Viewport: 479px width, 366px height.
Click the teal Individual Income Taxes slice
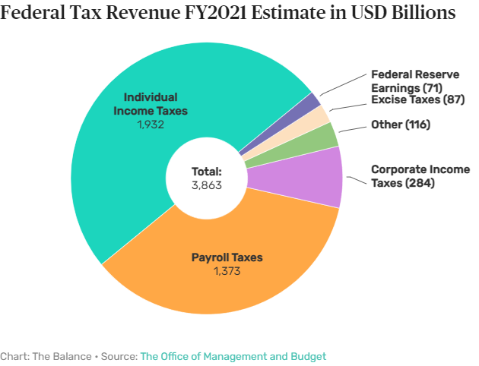pos(129,167)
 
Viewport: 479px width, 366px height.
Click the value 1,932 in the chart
pos(151,124)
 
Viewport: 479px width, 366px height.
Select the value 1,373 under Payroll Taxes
pos(227,271)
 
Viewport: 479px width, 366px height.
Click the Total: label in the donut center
pos(206,172)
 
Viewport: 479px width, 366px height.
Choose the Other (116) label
pos(400,124)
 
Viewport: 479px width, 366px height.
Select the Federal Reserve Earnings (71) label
pos(415,80)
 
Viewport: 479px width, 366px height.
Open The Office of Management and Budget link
pos(233,356)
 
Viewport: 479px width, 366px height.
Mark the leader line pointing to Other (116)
pos(350,128)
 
